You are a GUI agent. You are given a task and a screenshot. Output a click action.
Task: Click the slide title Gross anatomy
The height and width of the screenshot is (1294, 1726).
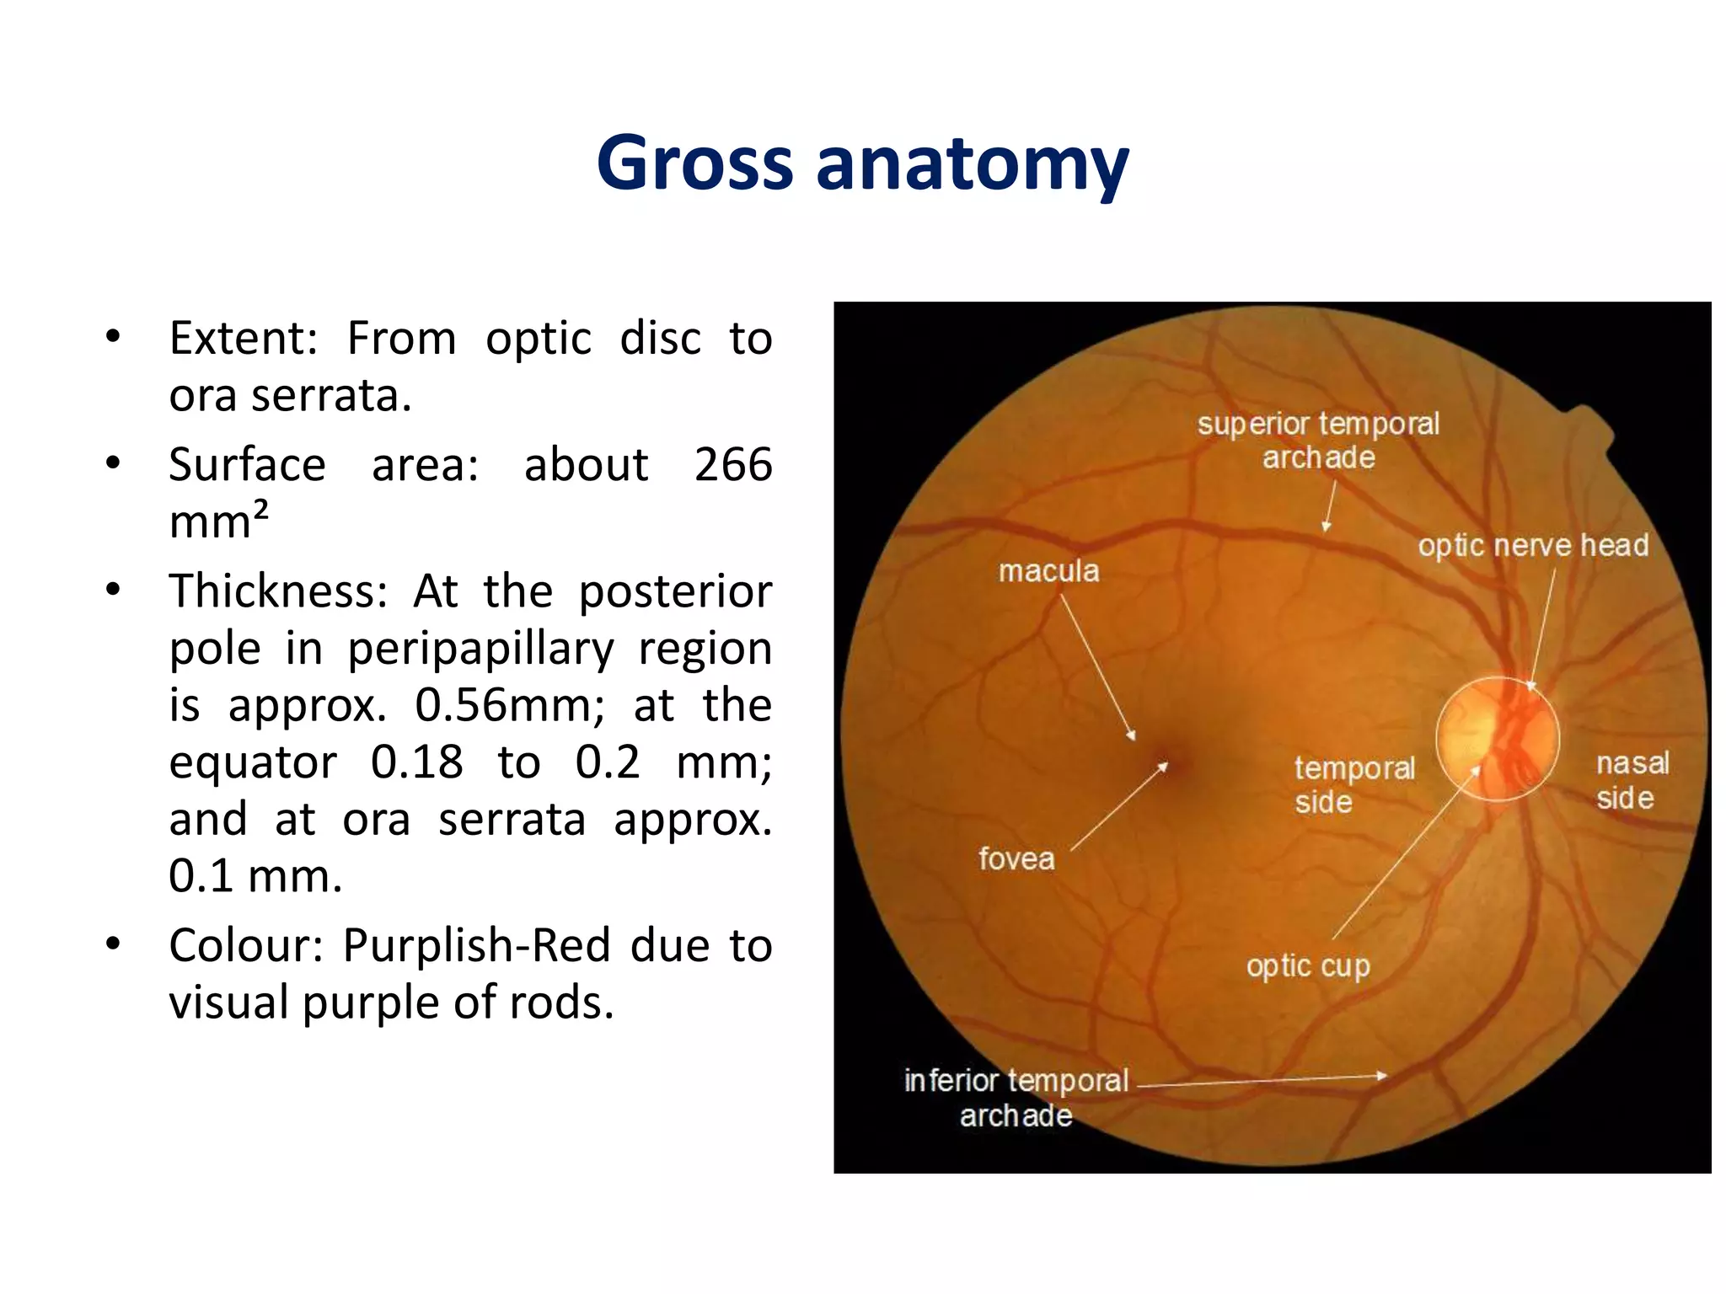tap(862, 164)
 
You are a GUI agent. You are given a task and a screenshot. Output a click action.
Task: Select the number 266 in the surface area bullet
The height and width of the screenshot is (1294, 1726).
tap(732, 465)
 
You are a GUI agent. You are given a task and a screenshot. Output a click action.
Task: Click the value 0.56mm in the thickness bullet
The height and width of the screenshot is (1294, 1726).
tap(509, 705)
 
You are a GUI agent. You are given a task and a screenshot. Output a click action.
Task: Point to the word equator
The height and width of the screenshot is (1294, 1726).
tap(253, 762)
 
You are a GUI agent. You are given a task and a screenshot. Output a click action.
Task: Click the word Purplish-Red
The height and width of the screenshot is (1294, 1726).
tap(476, 945)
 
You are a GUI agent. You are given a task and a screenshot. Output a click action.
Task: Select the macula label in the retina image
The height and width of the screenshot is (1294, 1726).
tap(1048, 571)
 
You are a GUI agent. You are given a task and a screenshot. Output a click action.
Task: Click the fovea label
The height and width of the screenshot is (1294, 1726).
tap(1016, 858)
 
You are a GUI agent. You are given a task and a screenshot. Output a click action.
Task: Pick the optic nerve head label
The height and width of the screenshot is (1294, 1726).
tap(1532, 545)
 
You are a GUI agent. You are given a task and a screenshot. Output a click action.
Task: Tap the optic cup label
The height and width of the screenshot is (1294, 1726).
tap(1308, 965)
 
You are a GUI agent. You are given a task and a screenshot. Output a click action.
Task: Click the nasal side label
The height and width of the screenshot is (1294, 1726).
tap(1631, 780)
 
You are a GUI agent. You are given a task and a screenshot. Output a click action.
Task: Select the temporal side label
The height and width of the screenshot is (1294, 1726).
tap(1353, 784)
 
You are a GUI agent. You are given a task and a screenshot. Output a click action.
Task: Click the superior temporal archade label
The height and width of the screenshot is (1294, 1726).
tap(1318, 440)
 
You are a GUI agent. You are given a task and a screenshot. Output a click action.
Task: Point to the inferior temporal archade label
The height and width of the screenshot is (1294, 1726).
tap(1016, 1097)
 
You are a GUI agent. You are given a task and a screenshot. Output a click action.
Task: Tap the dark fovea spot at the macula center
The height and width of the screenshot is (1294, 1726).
tap(1176, 762)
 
